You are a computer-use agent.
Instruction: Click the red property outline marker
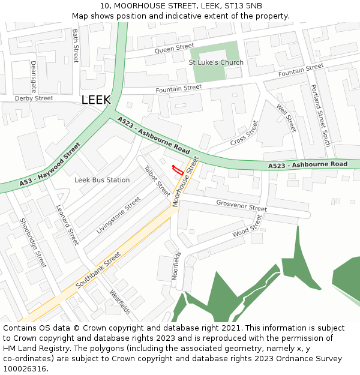(177, 169)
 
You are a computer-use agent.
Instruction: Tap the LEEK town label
(96, 100)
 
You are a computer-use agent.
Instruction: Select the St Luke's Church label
(216, 62)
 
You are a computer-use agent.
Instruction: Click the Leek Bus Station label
(102, 180)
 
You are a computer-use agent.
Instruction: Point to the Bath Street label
(76, 46)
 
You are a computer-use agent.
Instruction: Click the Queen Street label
(174, 49)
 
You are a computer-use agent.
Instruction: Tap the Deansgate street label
(34, 74)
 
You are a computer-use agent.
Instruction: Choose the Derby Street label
(34, 98)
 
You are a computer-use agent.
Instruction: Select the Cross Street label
(244, 133)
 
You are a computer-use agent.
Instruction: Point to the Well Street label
(286, 118)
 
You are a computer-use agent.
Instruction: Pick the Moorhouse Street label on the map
(185, 182)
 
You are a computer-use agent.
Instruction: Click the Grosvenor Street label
(241, 205)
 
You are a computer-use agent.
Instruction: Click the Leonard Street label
(67, 225)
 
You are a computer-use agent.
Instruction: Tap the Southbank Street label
(98, 269)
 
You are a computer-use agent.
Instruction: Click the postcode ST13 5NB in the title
(245, 6)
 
